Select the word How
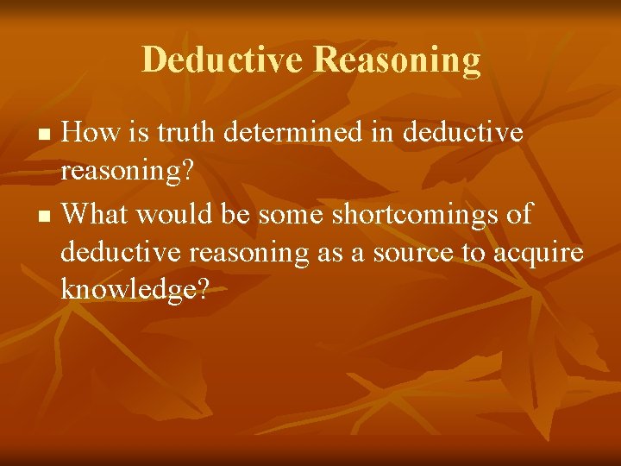tap(90, 133)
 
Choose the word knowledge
tap(128, 292)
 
